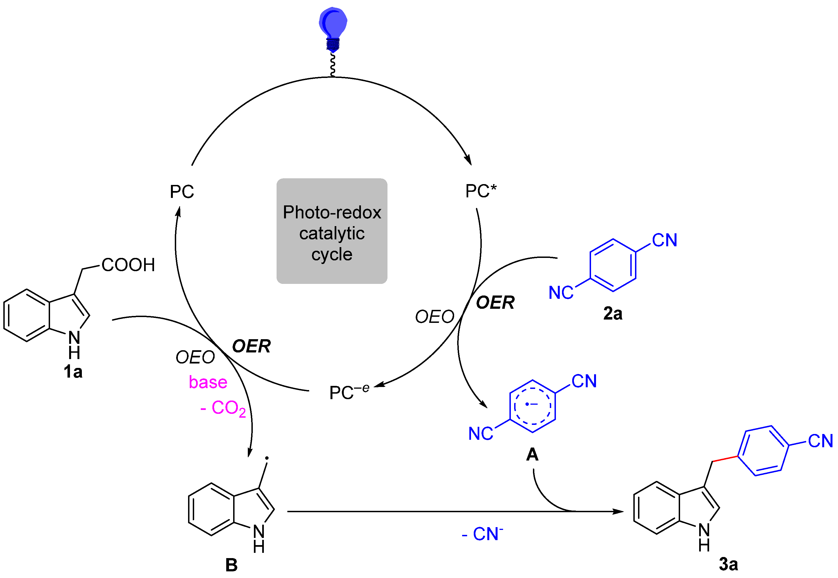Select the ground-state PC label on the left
tap(182, 192)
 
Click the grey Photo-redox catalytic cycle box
tap(332, 231)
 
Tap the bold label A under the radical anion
tap(532, 454)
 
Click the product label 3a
tap(728, 564)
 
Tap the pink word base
tap(208, 382)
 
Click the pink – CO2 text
tap(223, 408)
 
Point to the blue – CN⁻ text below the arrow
tap(482, 534)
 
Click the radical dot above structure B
tap(267, 458)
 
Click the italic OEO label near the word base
tap(195, 357)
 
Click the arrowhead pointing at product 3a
tap(618, 511)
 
